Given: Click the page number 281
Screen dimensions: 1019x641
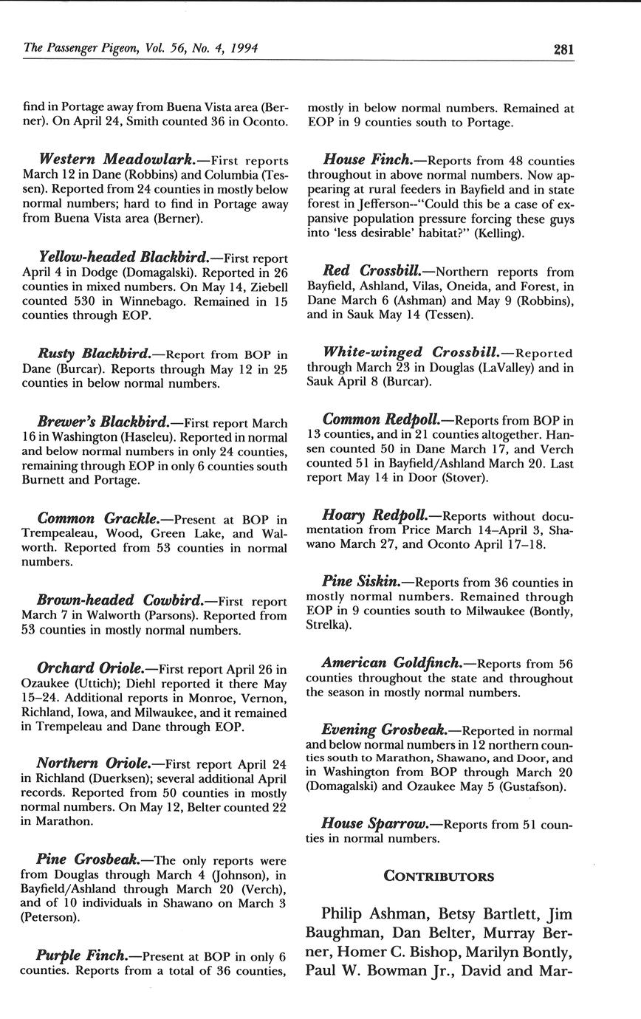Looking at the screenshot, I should (x=563, y=49).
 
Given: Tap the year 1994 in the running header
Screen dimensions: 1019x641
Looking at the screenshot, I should (x=242, y=49).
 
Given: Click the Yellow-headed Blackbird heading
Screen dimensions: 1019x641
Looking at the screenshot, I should (x=123, y=258).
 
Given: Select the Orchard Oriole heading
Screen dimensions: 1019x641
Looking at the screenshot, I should (x=91, y=669).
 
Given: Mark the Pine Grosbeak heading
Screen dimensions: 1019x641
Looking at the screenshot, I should (x=89, y=860).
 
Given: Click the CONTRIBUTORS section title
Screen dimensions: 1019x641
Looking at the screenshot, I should (x=439, y=876).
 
